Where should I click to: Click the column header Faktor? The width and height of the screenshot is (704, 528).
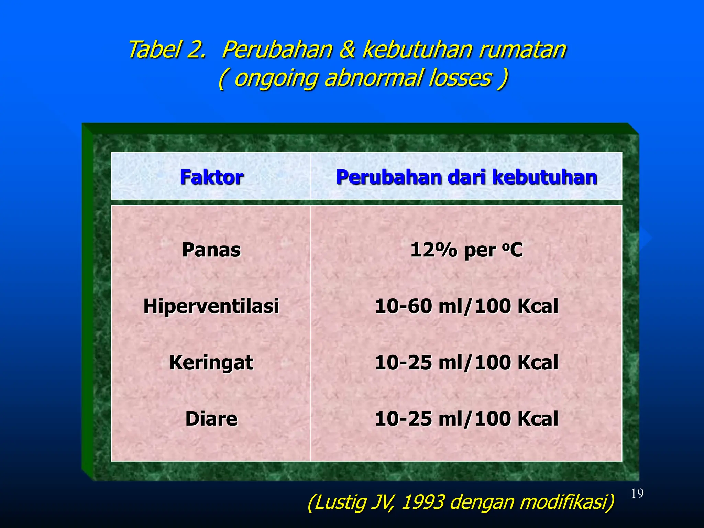(211, 177)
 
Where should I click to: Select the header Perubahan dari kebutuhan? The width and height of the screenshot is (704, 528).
(466, 177)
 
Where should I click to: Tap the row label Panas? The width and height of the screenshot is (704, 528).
(211, 250)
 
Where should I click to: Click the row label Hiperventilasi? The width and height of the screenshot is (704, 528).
(211, 306)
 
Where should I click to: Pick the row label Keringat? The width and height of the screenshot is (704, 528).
(211, 363)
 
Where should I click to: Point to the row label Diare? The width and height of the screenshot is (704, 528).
(211, 419)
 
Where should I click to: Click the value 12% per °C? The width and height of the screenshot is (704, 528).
(466, 250)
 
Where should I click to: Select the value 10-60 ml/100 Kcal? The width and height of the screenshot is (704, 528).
(466, 306)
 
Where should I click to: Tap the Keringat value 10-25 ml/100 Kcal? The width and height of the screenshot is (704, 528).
(466, 363)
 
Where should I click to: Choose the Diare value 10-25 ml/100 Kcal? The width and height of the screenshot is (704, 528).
(466, 419)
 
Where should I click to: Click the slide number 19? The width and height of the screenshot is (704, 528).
(637, 494)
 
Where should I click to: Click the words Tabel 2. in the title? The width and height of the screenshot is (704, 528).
(167, 49)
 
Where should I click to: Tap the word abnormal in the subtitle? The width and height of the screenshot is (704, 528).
(373, 78)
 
